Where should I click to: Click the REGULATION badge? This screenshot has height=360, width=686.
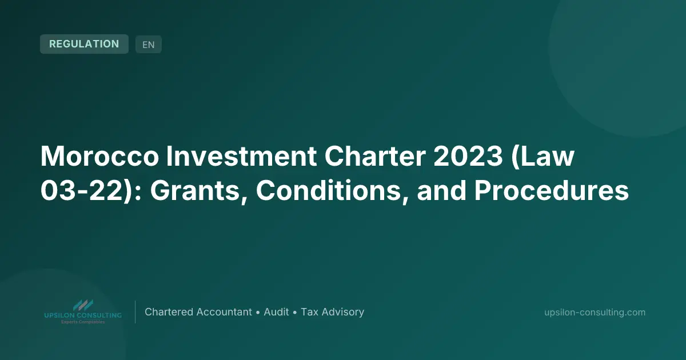click(84, 44)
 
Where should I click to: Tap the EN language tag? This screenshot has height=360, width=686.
click(149, 45)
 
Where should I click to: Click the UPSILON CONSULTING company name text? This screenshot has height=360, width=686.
click(83, 315)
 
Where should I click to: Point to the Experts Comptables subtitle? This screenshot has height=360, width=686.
click(83, 322)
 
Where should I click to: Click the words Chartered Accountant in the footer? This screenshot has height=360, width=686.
click(198, 312)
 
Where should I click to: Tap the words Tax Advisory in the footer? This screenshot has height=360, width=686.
click(333, 312)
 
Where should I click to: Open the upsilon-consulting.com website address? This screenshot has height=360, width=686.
click(595, 313)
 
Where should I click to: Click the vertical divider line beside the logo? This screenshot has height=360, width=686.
click(135, 312)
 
